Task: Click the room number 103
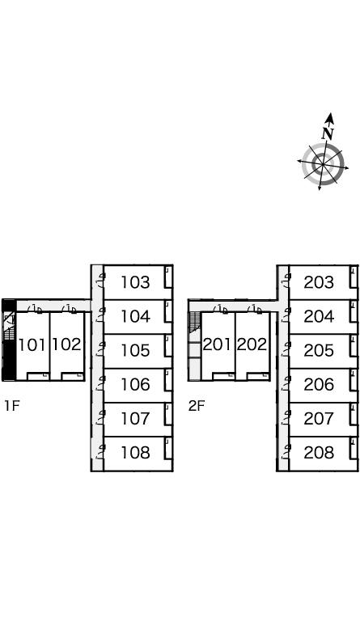point(135,282)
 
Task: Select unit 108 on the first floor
point(135,453)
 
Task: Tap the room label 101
point(32,345)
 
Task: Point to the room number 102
point(67,344)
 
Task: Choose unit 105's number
point(135,350)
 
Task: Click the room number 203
point(319,282)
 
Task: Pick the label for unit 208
point(319,453)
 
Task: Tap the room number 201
point(217,344)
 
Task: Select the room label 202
point(252,344)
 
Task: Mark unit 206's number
point(319,385)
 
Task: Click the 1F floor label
point(12,406)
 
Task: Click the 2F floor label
point(196,406)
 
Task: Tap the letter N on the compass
point(328,133)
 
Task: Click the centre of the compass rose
point(323,164)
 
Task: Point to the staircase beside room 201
point(195,322)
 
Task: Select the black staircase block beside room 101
point(9,340)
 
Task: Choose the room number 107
point(135,419)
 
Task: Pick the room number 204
point(319,316)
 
